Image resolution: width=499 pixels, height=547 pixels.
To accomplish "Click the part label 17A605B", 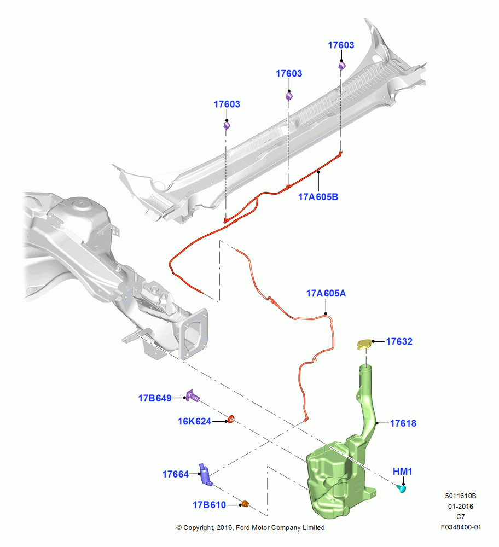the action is pyautogui.click(x=318, y=197).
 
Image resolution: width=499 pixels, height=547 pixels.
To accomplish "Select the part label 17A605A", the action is pyautogui.click(x=326, y=293).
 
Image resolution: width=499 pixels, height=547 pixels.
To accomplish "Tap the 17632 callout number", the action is pyautogui.click(x=399, y=341).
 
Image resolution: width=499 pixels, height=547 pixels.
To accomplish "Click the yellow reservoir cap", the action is pyautogui.click(x=364, y=344).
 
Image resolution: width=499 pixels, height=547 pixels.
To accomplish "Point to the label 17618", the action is pyautogui.click(x=403, y=423).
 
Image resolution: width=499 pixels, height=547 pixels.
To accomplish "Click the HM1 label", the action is pyautogui.click(x=402, y=472).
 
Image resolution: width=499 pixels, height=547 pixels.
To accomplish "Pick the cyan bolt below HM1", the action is pyautogui.click(x=402, y=488).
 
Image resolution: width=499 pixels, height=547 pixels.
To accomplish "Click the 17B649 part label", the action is pyautogui.click(x=155, y=398).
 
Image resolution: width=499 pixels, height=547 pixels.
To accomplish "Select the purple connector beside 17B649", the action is pyautogui.click(x=192, y=396).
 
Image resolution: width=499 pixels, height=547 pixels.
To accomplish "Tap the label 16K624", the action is pyautogui.click(x=194, y=421).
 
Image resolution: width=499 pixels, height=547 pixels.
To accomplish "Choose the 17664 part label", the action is pyautogui.click(x=175, y=474).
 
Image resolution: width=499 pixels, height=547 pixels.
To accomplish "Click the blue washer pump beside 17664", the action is pyautogui.click(x=206, y=474).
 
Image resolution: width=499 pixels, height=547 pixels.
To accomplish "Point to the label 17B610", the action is pyautogui.click(x=210, y=505).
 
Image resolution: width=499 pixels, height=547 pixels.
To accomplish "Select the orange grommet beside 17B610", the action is pyautogui.click(x=245, y=503).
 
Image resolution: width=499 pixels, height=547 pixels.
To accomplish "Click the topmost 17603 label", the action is pyautogui.click(x=341, y=45).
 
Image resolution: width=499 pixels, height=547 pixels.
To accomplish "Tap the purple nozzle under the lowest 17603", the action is pyautogui.click(x=227, y=125).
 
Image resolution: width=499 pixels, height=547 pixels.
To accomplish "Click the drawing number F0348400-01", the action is pyautogui.click(x=461, y=527).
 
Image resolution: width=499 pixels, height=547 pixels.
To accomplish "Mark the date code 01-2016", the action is pyautogui.click(x=461, y=506).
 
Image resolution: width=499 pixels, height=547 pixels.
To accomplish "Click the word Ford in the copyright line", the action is pyautogui.click(x=243, y=528).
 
